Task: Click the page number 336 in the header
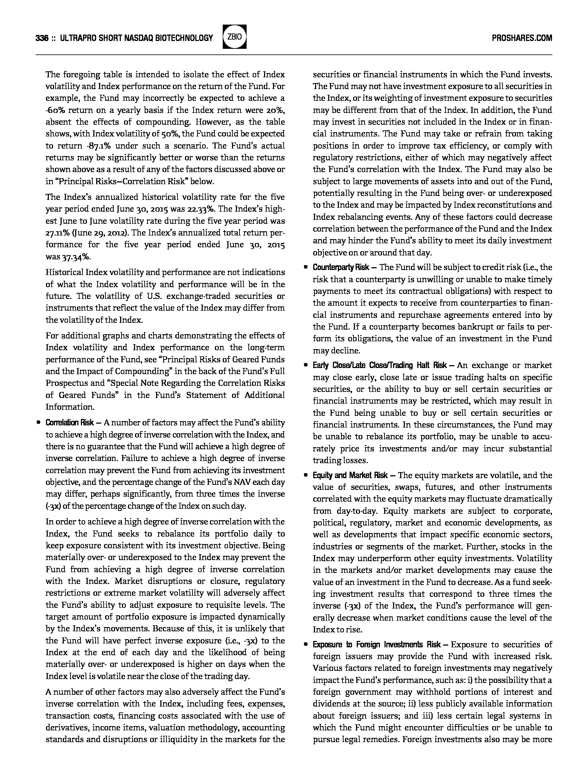[42, 38]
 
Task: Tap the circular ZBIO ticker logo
[234, 37]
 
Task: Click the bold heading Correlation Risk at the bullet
[70, 423]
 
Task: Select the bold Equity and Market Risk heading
[350, 475]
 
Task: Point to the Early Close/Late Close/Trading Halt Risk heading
[380, 365]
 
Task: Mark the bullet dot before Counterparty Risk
[306, 267]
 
